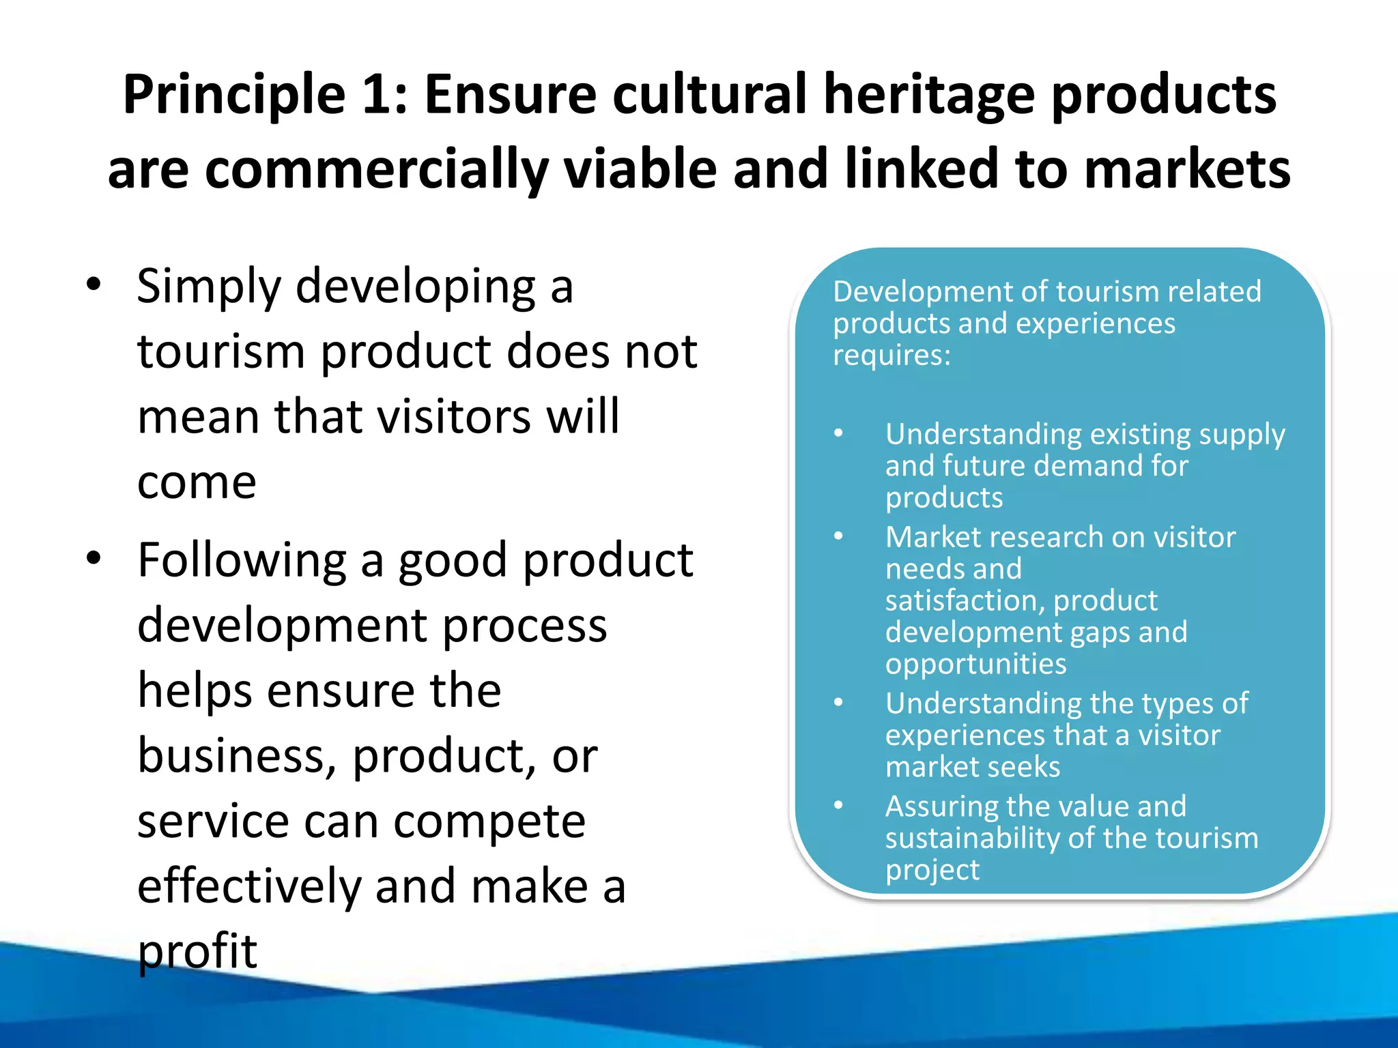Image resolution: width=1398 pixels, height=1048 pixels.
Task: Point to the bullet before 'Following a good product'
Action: [94, 558]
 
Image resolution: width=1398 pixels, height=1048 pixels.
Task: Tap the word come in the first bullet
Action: [197, 482]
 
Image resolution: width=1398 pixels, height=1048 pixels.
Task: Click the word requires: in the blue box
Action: [891, 355]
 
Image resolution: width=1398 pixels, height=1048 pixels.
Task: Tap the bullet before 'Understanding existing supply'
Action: [838, 433]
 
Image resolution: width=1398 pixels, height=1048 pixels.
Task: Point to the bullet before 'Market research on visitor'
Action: [838, 536]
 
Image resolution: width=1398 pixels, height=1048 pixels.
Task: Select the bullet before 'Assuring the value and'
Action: [838, 806]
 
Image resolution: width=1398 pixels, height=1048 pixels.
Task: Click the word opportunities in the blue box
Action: [975, 664]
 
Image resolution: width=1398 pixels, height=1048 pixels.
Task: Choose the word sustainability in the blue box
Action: [972, 838]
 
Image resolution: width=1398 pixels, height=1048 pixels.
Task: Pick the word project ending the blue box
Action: [932, 870]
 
